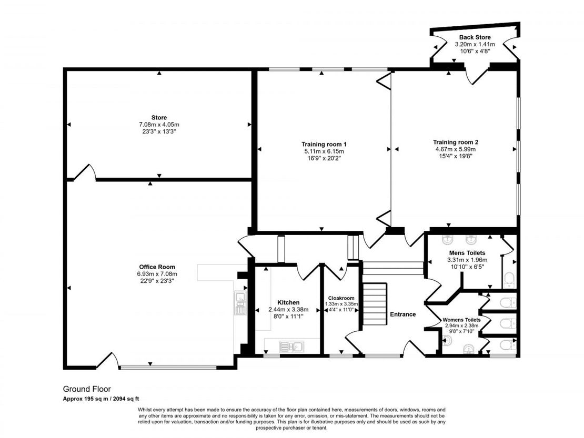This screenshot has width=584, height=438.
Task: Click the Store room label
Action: point(159,118)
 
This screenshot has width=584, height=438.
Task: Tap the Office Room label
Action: point(157,267)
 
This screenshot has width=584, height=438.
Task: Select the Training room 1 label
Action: point(324,144)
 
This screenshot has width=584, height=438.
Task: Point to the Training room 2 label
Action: point(456,142)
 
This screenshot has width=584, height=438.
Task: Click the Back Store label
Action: point(475,37)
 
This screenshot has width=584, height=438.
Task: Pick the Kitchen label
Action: point(288,302)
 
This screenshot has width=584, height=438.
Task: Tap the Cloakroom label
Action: point(341,298)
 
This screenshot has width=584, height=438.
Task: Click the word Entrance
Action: point(402,314)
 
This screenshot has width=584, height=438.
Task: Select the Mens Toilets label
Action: point(467,253)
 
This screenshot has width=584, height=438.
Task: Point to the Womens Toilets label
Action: point(461,320)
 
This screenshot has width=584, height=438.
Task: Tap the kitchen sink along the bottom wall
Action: point(291,347)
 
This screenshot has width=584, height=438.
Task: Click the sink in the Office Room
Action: point(240,303)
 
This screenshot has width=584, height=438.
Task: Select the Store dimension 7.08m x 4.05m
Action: point(159,125)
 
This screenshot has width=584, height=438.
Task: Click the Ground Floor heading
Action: point(87,389)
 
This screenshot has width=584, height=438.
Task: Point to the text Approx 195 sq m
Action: point(81,399)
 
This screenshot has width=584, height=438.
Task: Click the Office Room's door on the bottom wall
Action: point(108,360)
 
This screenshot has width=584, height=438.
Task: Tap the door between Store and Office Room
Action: point(85,172)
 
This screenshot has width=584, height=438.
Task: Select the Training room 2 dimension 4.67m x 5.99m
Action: point(456,149)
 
